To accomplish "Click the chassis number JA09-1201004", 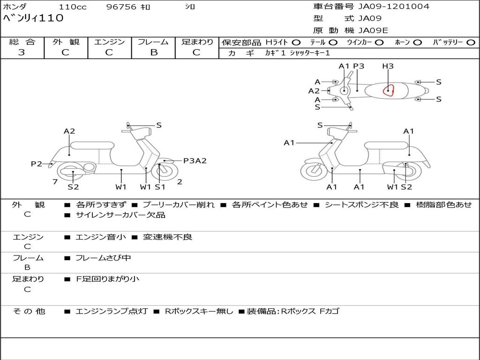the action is click(x=394, y=7).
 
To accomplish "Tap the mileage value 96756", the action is click(x=121, y=7).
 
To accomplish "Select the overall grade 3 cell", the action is click(x=22, y=52).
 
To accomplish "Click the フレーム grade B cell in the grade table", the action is click(x=153, y=52).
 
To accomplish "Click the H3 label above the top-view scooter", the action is click(x=388, y=66).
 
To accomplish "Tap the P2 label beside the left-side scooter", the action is click(x=37, y=164).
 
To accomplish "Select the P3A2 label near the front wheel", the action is click(x=195, y=161).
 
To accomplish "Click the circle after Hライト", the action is click(x=297, y=42).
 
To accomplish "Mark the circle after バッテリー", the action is click(x=471, y=42).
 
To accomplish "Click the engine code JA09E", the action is click(x=373, y=30).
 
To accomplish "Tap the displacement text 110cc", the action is click(x=70, y=7).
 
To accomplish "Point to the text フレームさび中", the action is click(x=103, y=258).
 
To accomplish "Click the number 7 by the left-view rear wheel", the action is click(x=55, y=181).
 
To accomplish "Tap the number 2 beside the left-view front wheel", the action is click(x=180, y=182).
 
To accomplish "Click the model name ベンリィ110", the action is click(x=33, y=19).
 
